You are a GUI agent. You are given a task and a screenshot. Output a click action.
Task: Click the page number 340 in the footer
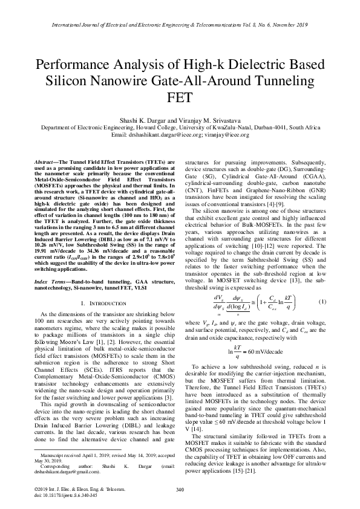(180, 488)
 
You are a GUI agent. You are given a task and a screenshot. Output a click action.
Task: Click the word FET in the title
(180, 97)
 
